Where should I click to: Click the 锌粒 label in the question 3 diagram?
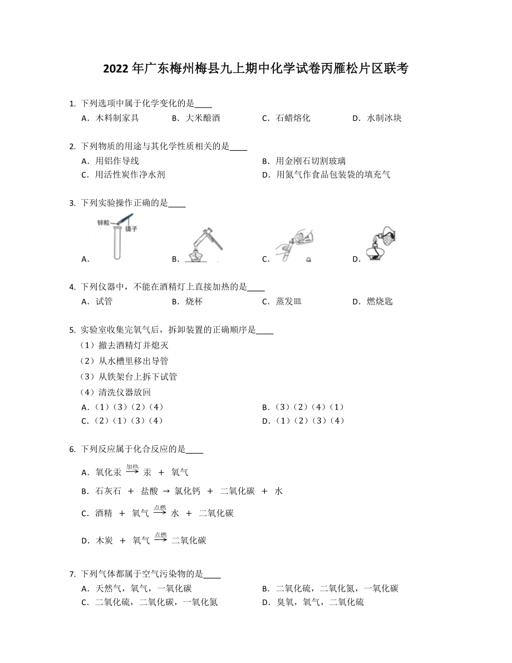[103, 222]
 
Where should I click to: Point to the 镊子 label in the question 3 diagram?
[131, 228]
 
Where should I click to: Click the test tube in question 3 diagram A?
[117, 242]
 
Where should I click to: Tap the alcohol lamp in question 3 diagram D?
[375, 253]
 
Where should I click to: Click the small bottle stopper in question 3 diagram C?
[308, 259]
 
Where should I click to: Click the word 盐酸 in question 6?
[149, 491]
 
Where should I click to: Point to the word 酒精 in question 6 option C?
[104, 513]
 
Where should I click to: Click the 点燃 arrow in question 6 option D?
[160, 538]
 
